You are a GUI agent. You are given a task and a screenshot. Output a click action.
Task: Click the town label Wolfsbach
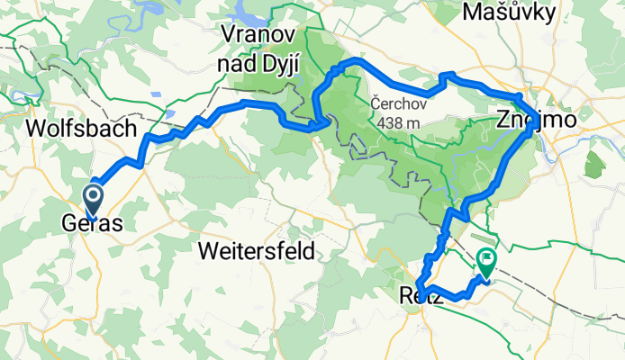click(81, 128)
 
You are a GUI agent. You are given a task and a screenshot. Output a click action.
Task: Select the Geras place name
click(92, 223)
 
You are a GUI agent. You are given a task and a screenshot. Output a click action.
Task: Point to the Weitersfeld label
click(256, 251)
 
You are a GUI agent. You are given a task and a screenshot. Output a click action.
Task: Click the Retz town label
click(421, 296)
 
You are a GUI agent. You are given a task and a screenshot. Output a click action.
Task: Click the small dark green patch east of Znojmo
click(594, 166)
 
